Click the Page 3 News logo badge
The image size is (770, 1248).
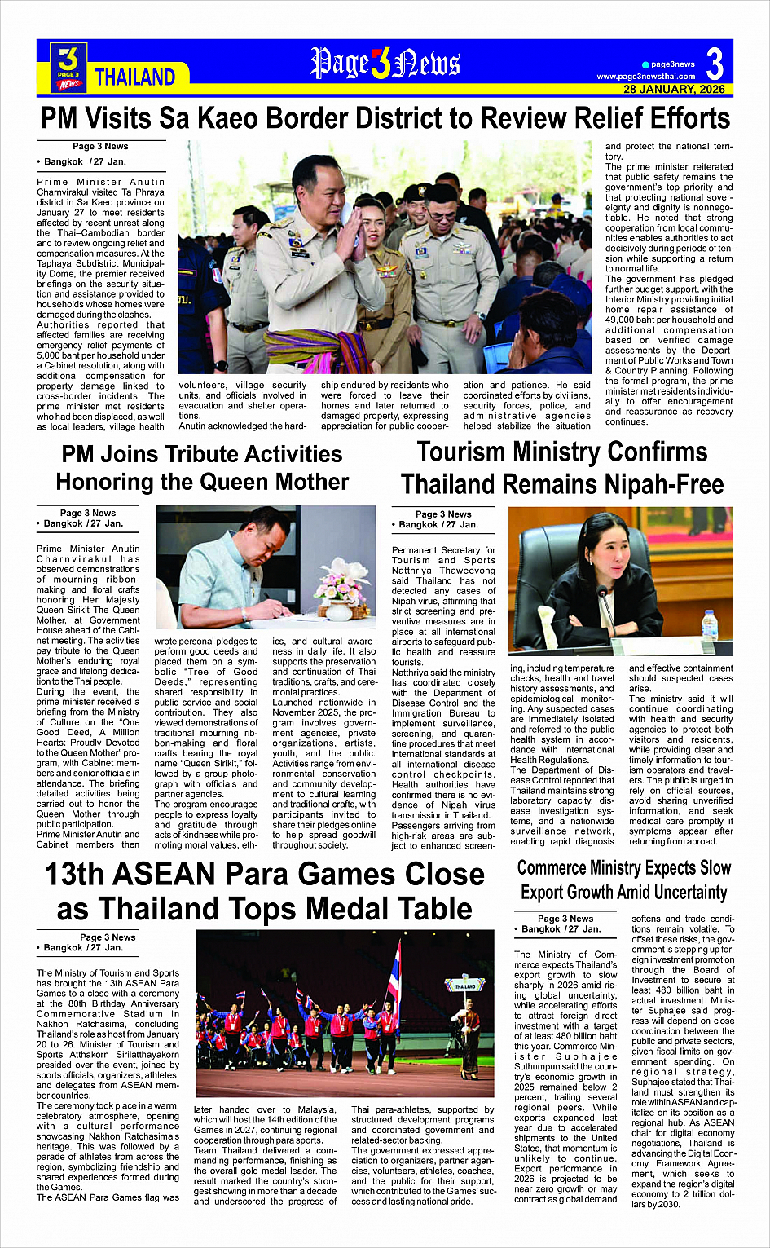68,67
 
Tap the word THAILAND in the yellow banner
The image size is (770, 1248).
135,77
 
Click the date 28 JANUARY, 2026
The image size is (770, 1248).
674,89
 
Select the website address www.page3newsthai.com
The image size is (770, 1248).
645,77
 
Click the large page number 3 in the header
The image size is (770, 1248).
714,63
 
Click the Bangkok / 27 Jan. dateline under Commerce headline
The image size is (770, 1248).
558,928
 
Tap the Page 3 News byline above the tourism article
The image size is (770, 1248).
442,514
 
